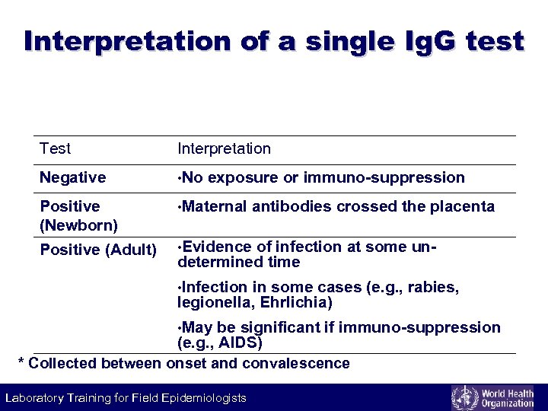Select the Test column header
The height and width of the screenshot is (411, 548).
55,148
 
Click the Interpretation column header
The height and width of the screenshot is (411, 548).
224,148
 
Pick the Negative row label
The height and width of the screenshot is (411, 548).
72,177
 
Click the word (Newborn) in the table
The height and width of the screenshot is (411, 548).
78,225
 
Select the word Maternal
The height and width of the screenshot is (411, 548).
215,206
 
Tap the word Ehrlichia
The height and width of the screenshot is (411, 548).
297,302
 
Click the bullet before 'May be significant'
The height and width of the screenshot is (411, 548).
180,328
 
